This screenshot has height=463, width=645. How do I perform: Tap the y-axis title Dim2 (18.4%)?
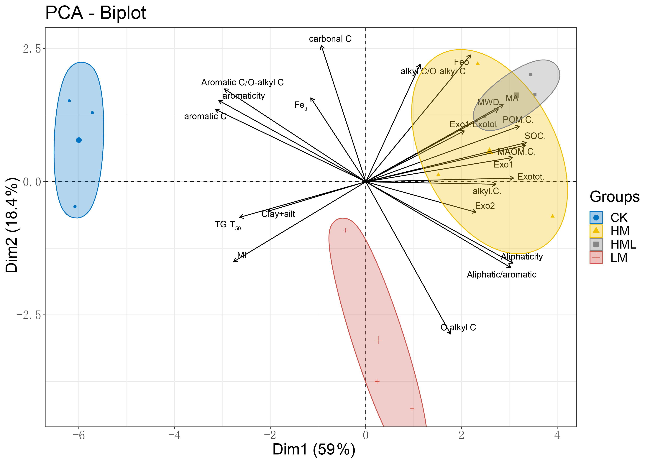click(x=12, y=225)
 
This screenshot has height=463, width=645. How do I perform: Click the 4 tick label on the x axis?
click(x=557, y=435)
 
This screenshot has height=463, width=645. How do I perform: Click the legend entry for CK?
click(x=618, y=218)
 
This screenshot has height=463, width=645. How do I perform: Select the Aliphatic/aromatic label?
click(x=501, y=275)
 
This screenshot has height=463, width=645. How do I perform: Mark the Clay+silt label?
click(x=278, y=214)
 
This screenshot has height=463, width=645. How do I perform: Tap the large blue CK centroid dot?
click(x=79, y=140)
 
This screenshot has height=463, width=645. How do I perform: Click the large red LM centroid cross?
click(x=378, y=340)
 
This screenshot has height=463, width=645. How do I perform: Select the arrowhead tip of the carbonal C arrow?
click(x=321, y=45)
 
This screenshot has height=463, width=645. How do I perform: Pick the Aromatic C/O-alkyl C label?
click(x=242, y=83)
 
